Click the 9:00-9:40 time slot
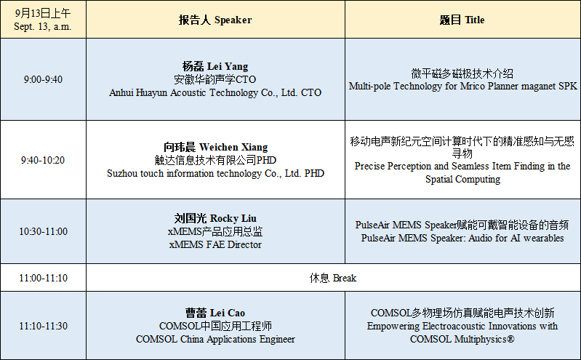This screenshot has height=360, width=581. click(43, 79)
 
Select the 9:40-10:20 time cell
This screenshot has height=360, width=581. click(43, 160)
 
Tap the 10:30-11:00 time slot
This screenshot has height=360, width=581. click(43, 231)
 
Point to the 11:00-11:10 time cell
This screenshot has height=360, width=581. click(43, 278)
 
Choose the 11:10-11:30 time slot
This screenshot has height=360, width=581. click(43, 326)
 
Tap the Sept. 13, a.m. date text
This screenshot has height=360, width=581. click(43, 27)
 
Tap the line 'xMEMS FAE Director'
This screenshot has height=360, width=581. click(215, 244)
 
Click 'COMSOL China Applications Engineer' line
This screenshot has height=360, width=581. click(215, 339)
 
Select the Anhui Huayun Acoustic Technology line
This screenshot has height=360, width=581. click(215, 92)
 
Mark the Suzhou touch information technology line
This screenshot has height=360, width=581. click(215, 174)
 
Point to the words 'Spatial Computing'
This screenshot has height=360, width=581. click(462, 180)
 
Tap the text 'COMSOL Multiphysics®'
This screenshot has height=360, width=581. click(462, 339)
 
